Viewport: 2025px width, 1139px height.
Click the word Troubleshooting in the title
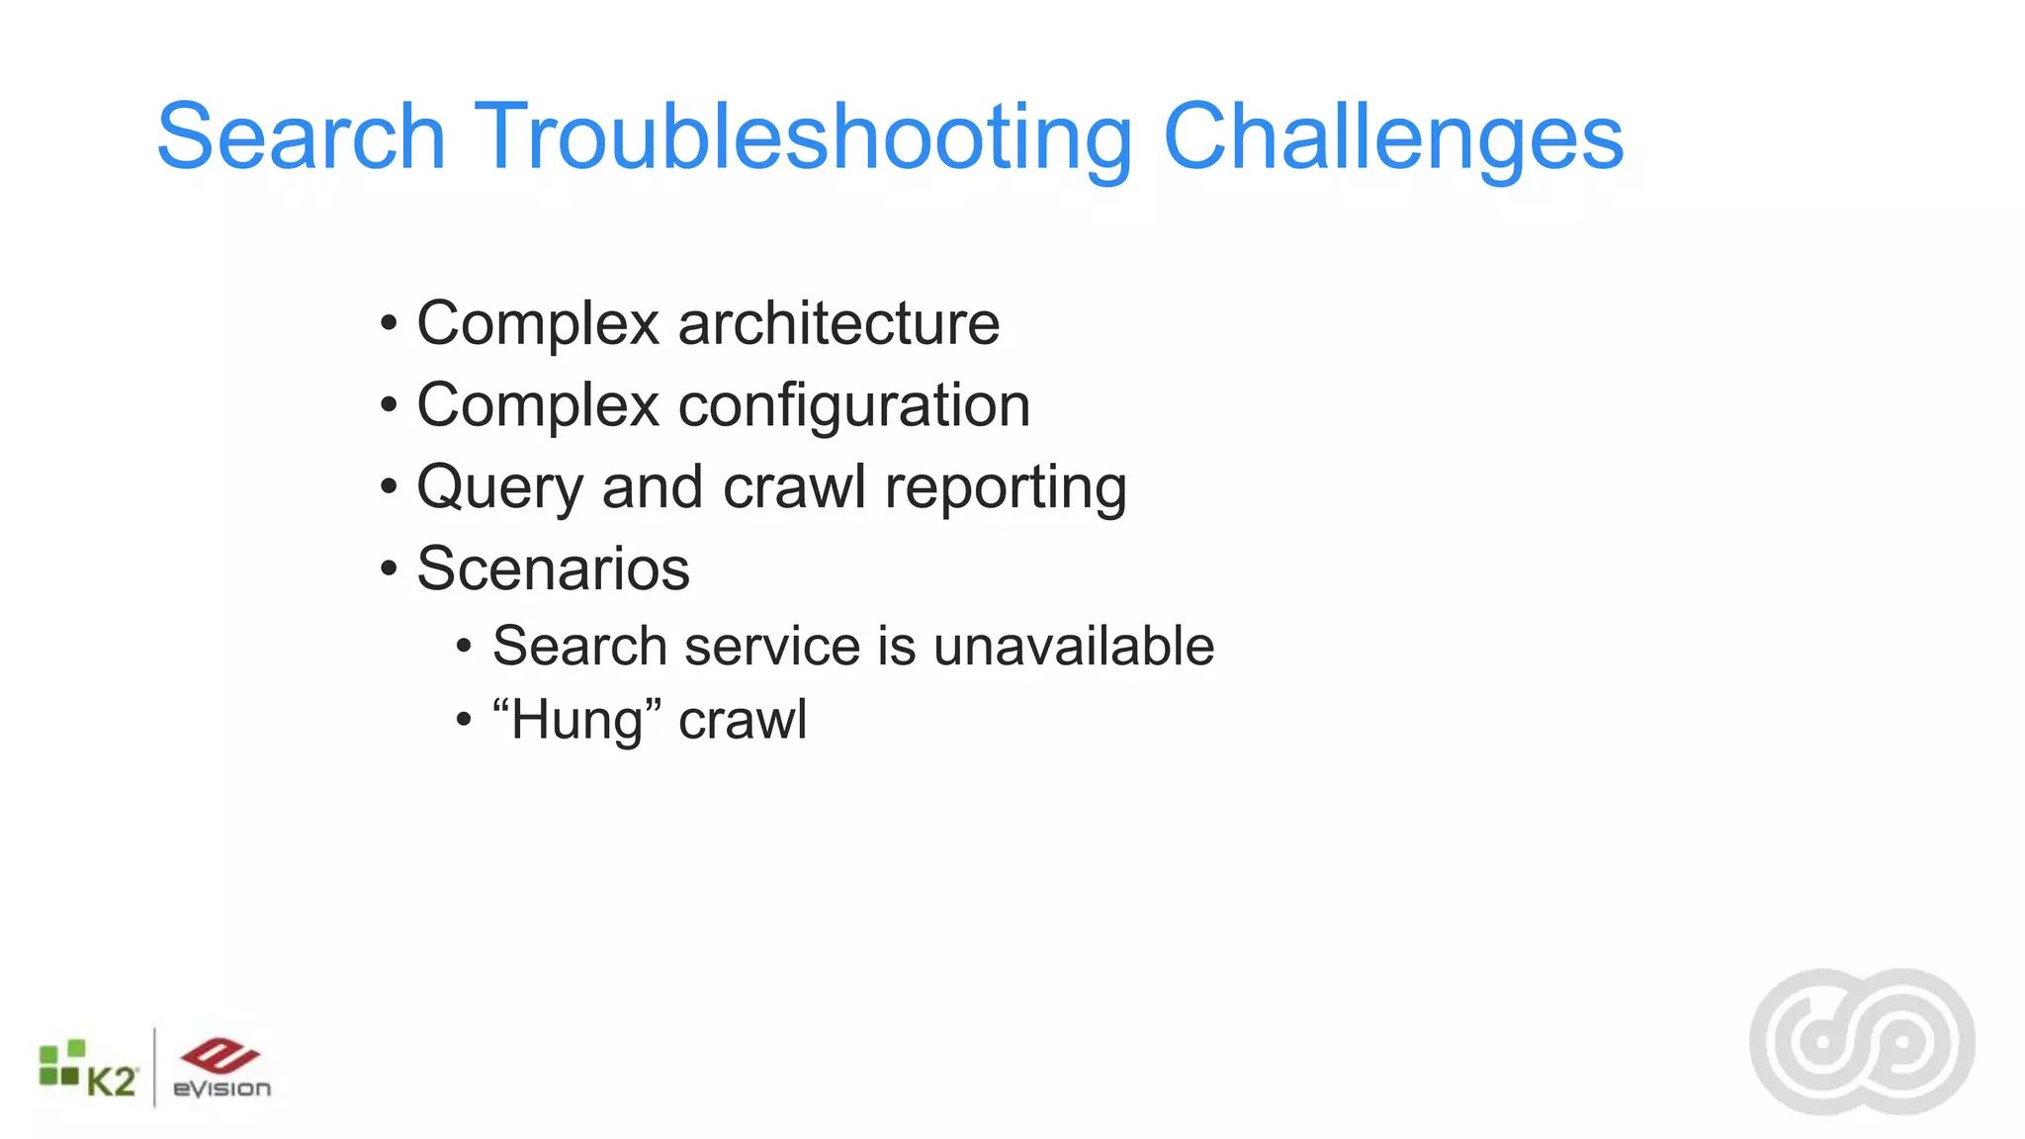pyautogui.click(x=803, y=137)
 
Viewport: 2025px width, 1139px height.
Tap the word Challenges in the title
pyautogui.click(x=1393, y=137)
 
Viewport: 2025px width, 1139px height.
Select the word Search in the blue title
pyautogui.click(x=301, y=137)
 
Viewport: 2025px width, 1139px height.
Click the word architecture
pyautogui.click(x=838, y=323)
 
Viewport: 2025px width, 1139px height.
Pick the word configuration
pyautogui.click(x=853, y=405)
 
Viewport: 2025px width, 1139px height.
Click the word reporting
pyautogui.click(x=1005, y=487)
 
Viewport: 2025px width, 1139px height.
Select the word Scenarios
pyautogui.click(x=553, y=569)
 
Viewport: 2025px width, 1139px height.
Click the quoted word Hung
pyautogui.click(x=577, y=720)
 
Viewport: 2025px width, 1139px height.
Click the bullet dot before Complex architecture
pyautogui.click(x=389, y=323)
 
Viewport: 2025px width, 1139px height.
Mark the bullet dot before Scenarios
pyautogui.click(x=389, y=569)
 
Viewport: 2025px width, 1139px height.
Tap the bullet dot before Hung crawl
pyautogui.click(x=464, y=720)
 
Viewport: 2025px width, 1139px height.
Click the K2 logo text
pyautogui.click(x=111, y=1082)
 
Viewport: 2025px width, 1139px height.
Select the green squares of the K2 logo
pyautogui.click(x=60, y=1064)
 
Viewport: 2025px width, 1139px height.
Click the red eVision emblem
pyautogui.click(x=220, y=1054)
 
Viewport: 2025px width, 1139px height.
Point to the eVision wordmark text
pyautogui.click(x=221, y=1089)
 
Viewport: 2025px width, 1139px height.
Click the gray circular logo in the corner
pyautogui.click(x=1862, y=1042)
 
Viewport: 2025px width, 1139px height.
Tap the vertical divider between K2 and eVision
pyautogui.click(x=154, y=1068)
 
